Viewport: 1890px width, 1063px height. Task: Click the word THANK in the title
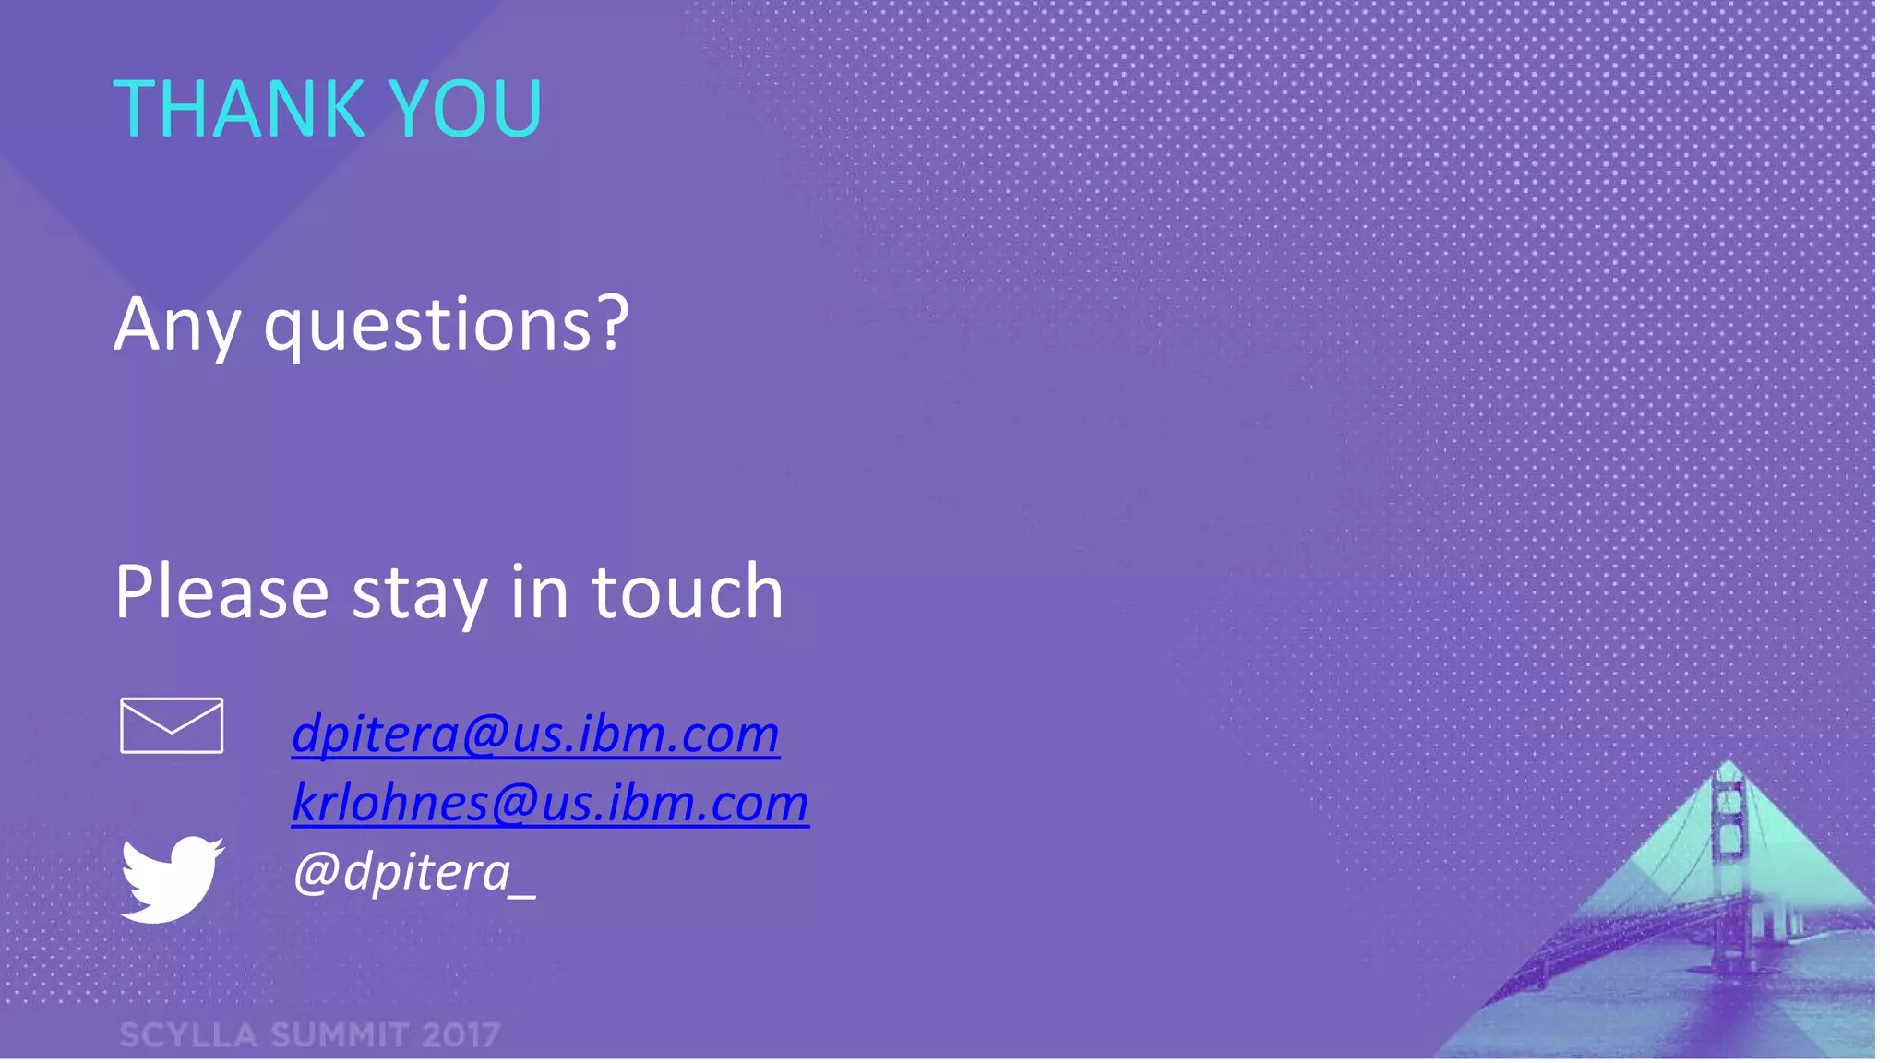(x=238, y=109)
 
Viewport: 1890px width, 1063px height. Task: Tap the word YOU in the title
(x=465, y=109)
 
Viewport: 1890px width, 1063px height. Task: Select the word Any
(x=177, y=325)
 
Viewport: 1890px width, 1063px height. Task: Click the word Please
(x=221, y=592)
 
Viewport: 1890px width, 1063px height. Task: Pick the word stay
(x=419, y=596)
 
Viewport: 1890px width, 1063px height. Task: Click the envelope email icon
(x=172, y=725)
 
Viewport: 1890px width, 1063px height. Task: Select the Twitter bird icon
(x=172, y=878)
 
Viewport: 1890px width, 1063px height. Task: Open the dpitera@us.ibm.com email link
(x=535, y=735)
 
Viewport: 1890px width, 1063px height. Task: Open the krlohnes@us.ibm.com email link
(x=550, y=803)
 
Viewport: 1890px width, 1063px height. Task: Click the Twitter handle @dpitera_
(x=413, y=872)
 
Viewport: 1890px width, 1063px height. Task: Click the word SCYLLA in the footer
(x=188, y=1035)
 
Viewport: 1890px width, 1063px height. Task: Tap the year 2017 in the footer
(x=461, y=1035)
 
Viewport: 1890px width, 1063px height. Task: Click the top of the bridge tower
(x=1728, y=768)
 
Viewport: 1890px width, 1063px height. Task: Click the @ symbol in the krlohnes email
(x=513, y=803)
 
